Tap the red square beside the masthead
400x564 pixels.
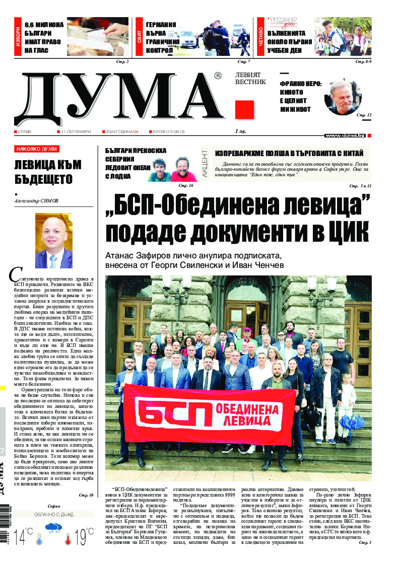[244, 109]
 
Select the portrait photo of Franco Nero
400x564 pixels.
[343, 97]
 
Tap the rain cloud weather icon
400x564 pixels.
[53, 530]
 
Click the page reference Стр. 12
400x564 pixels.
[364, 115]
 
